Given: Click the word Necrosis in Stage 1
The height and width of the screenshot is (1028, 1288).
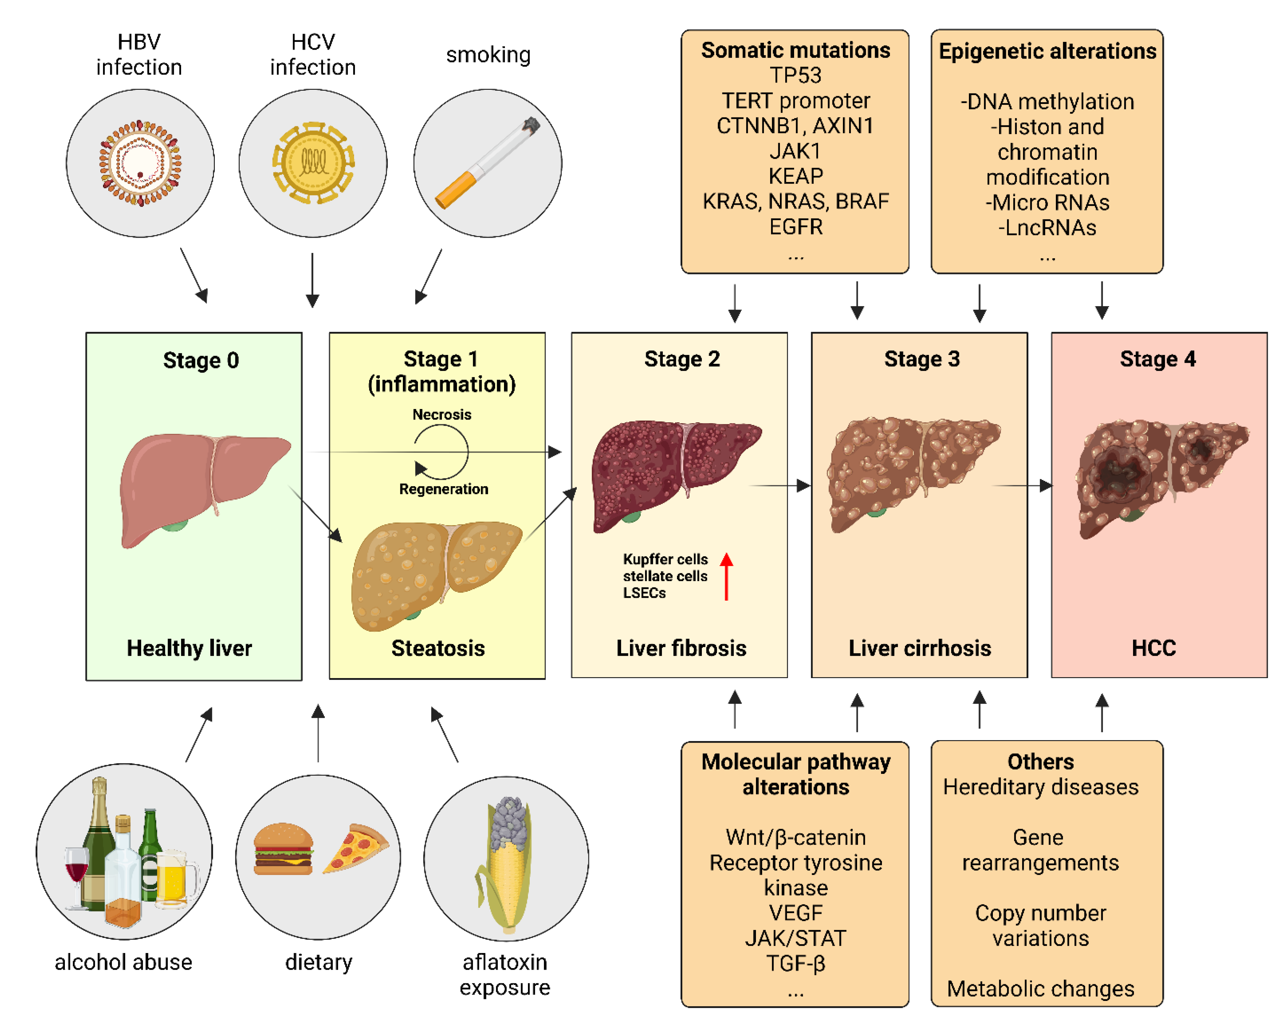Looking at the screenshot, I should [x=442, y=414].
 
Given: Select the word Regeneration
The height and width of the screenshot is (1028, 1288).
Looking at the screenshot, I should [x=443, y=489].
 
